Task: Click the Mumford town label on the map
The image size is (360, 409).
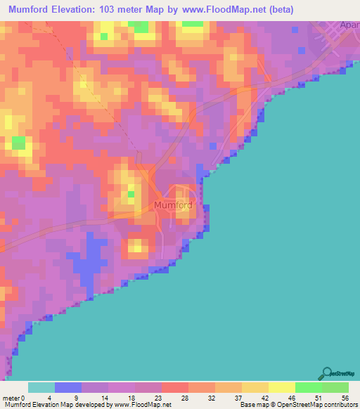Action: click(x=172, y=206)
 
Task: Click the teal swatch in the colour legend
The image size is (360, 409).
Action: click(x=41, y=387)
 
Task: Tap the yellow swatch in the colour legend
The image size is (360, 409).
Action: click(x=281, y=387)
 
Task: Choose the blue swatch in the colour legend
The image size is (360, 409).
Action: click(x=68, y=387)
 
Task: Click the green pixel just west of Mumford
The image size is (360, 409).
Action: click(x=131, y=194)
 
